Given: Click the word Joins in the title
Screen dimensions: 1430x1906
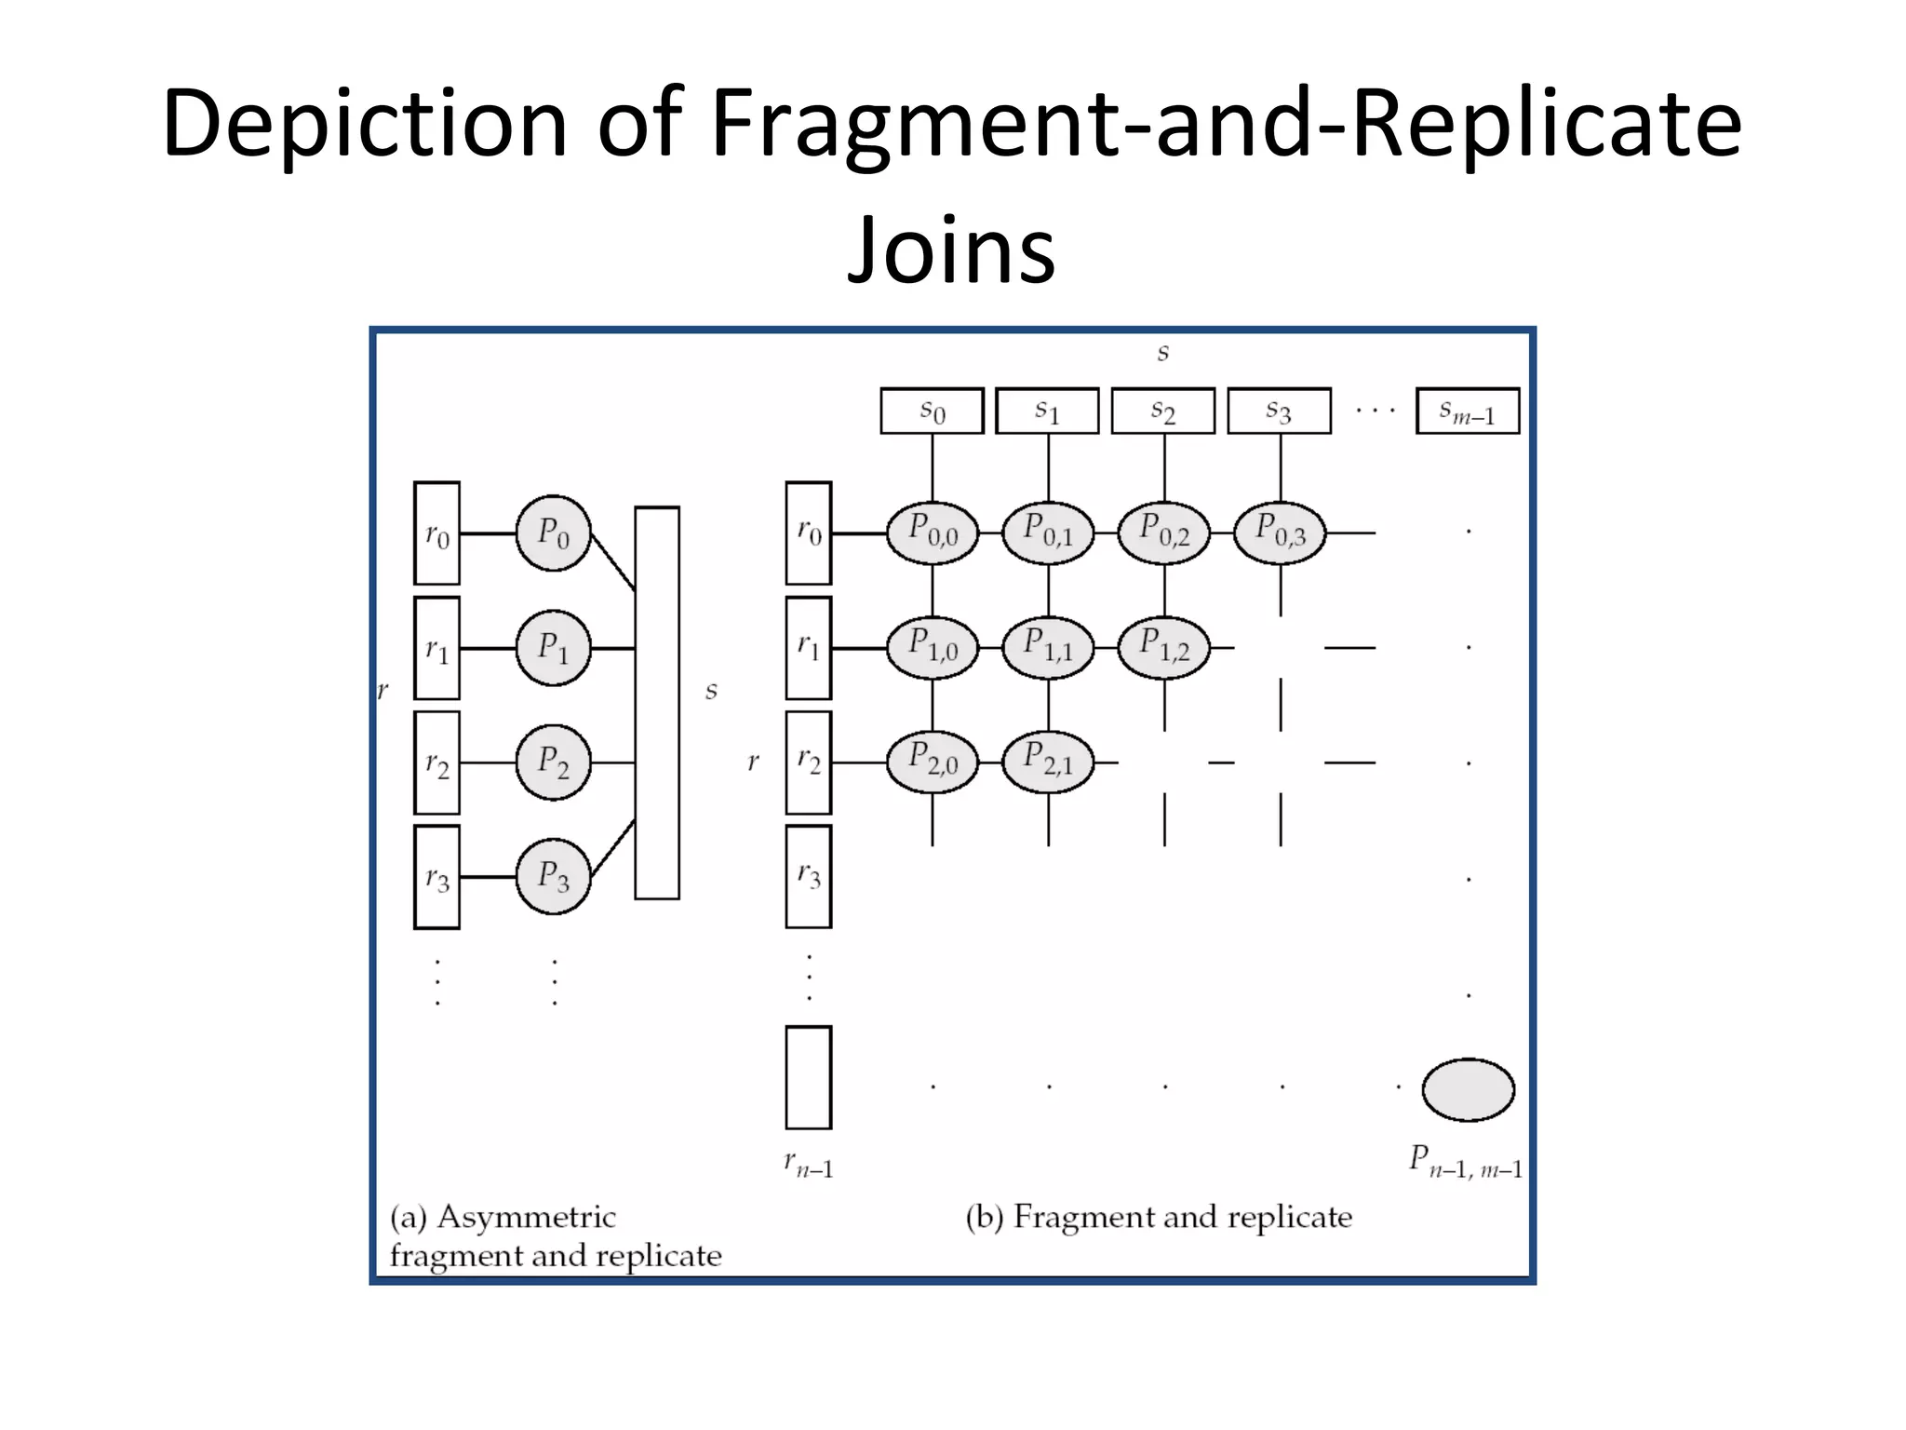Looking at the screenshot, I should (x=951, y=250).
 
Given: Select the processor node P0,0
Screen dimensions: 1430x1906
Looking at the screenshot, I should (x=933, y=533).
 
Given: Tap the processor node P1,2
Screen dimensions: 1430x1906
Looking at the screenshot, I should (x=1163, y=647).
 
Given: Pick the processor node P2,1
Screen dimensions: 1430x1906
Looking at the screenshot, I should (x=1048, y=762).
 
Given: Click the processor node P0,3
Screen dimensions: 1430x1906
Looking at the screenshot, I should (x=1280, y=533).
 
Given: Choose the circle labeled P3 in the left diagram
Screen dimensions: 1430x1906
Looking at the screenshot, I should (x=554, y=876).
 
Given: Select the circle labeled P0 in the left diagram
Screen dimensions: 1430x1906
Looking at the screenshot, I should (x=554, y=533).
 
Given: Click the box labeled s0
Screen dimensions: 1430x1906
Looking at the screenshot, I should (x=932, y=411).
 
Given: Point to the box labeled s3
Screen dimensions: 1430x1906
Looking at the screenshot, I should (x=1279, y=411).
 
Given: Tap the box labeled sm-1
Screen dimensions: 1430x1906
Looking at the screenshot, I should (x=1468, y=411).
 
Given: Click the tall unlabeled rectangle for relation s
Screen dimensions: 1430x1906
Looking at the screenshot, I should (x=657, y=703).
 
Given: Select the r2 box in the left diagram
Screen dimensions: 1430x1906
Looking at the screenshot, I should (x=436, y=762).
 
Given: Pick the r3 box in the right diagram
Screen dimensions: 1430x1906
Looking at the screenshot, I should (x=808, y=876).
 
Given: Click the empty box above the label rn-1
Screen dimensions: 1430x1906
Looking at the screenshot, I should (x=808, y=1077).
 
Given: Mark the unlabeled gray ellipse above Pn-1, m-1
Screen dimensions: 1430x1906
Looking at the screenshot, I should (x=1468, y=1089).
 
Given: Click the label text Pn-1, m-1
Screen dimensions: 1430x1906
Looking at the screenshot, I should (x=1466, y=1163).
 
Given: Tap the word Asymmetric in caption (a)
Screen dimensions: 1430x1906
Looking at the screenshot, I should (x=526, y=1218).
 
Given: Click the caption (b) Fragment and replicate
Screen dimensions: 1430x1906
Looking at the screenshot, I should (x=1159, y=1217).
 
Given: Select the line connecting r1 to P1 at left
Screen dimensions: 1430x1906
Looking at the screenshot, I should (x=488, y=648).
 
